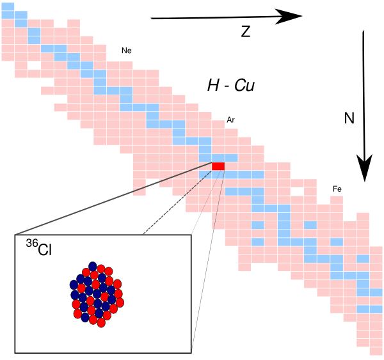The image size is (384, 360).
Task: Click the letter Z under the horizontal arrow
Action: click(246, 31)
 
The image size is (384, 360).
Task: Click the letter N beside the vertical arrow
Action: click(349, 118)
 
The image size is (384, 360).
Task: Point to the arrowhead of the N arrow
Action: click(364, 168)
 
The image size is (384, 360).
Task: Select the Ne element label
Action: click(127, 51)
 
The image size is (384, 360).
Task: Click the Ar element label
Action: click(230, 120)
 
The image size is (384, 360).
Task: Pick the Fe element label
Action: click(337, 189)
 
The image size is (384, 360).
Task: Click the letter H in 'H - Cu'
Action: click(214, 86)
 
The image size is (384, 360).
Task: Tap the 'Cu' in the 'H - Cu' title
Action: click(244, 86)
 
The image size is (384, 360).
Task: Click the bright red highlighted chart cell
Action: click(218, 166)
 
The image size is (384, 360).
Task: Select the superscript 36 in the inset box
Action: click(32, 244)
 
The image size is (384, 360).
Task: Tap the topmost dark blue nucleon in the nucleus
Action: click(93, 266)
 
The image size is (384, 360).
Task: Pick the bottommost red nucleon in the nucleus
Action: click(101, 323)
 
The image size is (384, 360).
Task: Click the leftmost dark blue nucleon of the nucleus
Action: click(74, 285)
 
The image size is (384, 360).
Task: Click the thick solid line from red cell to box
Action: click(113, 198)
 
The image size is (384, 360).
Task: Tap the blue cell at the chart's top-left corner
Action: click(8, 6)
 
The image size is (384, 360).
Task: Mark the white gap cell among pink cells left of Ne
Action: click(34, 65)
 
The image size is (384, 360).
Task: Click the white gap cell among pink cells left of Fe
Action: click(298, 192)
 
